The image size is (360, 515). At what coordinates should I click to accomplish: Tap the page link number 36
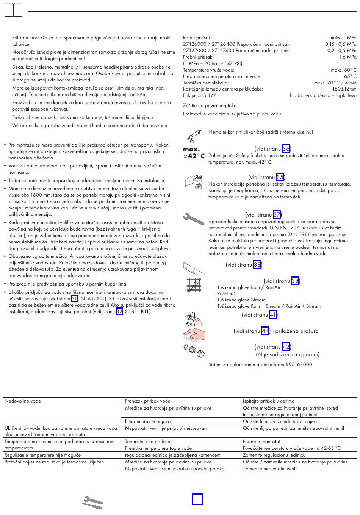286,149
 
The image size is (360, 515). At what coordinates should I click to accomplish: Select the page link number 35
280,177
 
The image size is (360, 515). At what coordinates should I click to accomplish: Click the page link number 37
277,215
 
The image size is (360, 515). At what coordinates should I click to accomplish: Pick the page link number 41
273,315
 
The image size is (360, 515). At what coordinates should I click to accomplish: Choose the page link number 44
265,331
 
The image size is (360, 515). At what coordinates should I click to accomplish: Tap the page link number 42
286,347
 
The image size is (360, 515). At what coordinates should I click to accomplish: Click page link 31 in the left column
74,299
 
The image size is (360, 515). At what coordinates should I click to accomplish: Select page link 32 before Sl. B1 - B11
119,312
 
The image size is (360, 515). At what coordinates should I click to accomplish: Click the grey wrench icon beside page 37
194,219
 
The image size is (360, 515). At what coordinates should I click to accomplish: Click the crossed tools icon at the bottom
92,503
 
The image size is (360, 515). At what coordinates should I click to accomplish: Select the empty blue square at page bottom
197,499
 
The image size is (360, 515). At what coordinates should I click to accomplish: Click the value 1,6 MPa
347,57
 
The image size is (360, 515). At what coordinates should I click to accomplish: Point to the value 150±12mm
344,89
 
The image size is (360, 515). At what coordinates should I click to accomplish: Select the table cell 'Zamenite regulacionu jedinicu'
274,455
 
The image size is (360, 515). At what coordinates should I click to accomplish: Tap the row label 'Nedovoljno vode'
23,401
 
